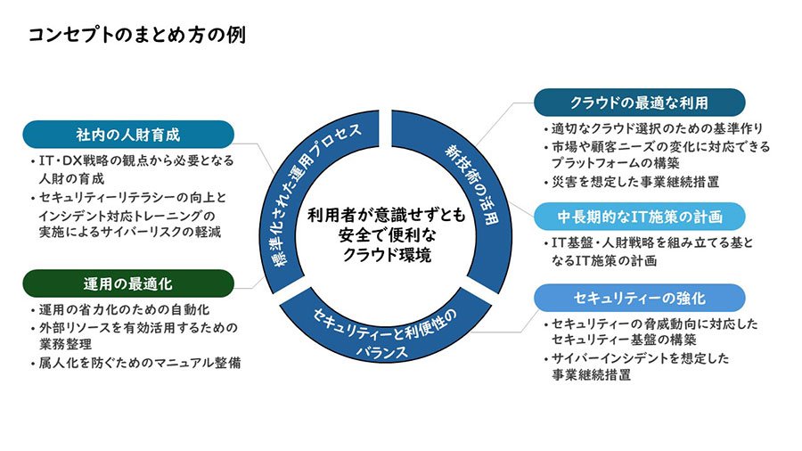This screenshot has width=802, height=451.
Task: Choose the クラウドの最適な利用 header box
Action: click(x=639, y=100)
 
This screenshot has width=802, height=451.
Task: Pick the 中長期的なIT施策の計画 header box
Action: click(x=639, y=217)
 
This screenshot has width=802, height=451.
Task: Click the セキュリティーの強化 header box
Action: click(x=639, y=297)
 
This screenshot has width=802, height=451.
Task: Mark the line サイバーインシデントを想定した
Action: click(x=641, y=358)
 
